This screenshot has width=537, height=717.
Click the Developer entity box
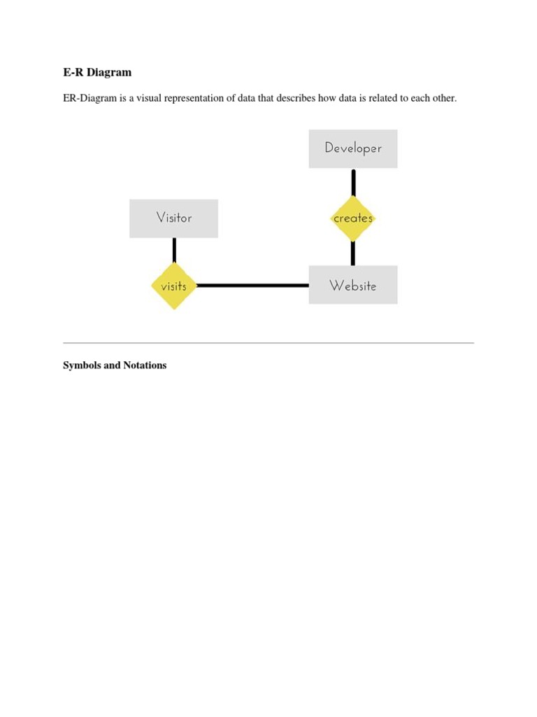pyautogui.click(x=353, y=148)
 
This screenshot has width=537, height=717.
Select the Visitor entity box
pyautogui.click(x=173, y=218)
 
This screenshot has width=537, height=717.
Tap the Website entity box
pyautogui.click(x=353, y=285)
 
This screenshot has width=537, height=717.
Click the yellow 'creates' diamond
pyautogui.click(x=353, y=218)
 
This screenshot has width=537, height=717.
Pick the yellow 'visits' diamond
pyautogui.click(x=173, y=286)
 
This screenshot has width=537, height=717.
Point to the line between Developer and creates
pyautogui.click(x=353, y=182)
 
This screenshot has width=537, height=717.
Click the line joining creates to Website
pyautogui.click(x=353, y=253)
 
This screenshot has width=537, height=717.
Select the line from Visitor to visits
pyautogui.click(x=173, y=250)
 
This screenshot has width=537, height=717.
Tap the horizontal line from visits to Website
pyautogui.click(x=252, y=285)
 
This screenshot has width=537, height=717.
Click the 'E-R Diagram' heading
pyautogui.click(x=97, y=72)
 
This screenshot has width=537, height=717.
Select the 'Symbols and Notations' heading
pyautogui.click(x=115, y=366)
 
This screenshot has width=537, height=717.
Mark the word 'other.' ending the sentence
pyautogui.click(x=444, y=98)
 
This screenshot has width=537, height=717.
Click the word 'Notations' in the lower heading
pyautogui.click(x=145, y=366)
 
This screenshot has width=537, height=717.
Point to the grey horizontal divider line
pyautogui.click(x=268, y=343)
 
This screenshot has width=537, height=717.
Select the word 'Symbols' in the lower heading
pyautogui.click(x=81, y=366)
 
